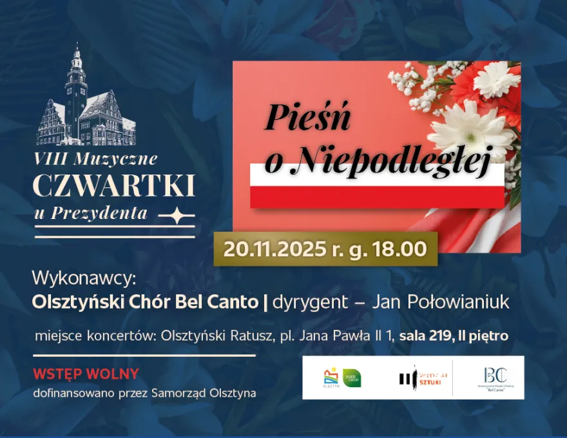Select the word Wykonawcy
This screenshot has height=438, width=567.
[x=85, y=279]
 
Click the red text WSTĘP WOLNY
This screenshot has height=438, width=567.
[x=86, y=374]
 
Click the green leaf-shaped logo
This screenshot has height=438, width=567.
[x=352, y=378]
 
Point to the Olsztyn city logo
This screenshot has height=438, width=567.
[x=331, y=378]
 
